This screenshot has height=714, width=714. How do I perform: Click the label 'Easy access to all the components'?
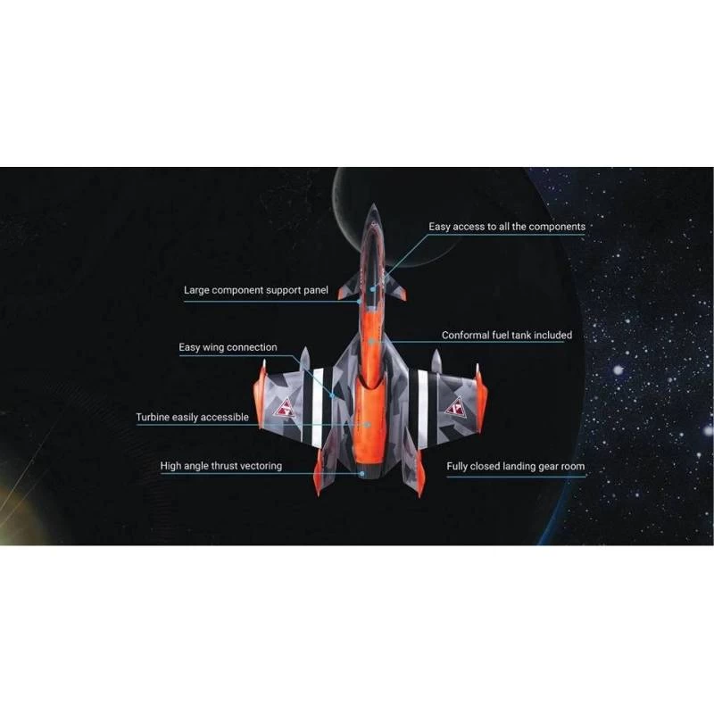click(x=507, y=227)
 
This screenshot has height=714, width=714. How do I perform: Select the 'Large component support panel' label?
click(x=256, y=290)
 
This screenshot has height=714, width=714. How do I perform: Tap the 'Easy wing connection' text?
click(x=228, y=347)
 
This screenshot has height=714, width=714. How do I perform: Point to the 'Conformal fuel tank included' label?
click(x=507, y=336)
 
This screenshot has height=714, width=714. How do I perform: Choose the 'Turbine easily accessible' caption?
click(x=192, y=417)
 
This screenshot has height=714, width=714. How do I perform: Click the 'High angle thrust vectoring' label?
click(x=220, y=466)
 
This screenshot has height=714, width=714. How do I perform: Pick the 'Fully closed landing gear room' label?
click(x=516, y=467)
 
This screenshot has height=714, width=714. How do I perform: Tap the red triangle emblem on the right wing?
click(x=456, y=407)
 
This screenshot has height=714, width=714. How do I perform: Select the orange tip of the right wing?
click(x=479, y=393)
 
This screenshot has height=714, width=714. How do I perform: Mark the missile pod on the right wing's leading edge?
click(x=436, y=362)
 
